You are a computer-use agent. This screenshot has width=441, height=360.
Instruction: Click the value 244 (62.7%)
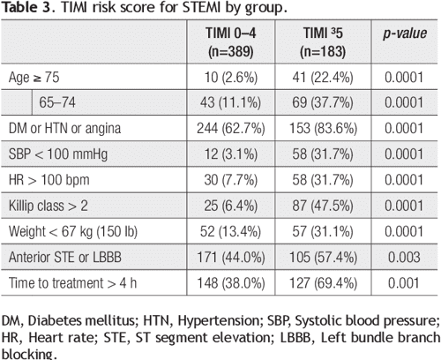(x=232, y=130)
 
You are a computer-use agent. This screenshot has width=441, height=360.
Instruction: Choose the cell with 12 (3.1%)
(x=232, y=155)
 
